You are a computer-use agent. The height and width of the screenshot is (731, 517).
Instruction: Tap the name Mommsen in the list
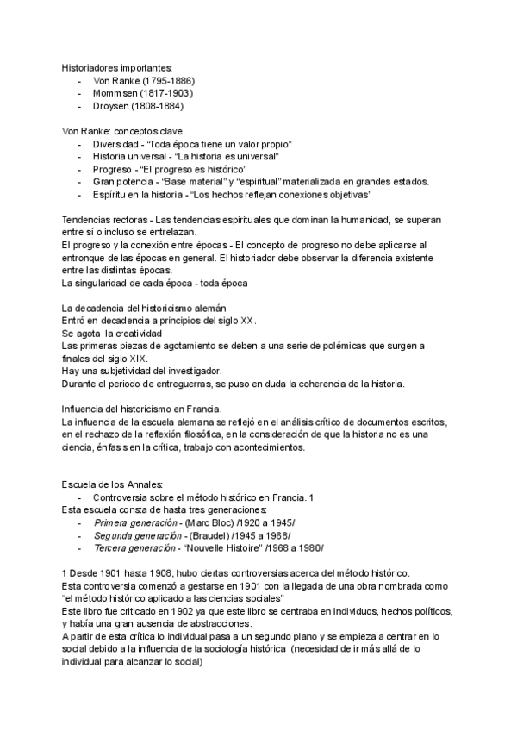(115, 93)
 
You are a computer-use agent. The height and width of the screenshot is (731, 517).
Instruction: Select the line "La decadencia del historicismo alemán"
(144, 308)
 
